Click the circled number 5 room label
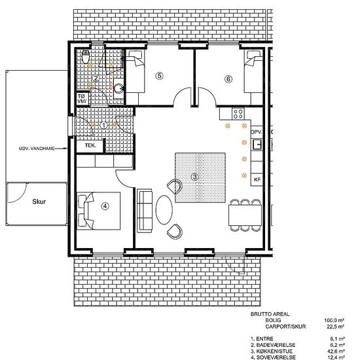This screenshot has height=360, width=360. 160,75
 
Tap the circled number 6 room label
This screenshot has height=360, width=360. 228,79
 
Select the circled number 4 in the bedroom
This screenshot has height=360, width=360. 105,206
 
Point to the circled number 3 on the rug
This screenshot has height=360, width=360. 194,177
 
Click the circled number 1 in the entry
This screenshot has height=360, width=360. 104,126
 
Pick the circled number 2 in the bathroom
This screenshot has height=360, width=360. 96,79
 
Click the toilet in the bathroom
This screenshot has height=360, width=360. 85,56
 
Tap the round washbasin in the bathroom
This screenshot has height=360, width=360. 119,88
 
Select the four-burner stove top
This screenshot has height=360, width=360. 238,114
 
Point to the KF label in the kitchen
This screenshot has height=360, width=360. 257,179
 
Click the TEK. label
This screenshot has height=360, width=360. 90,145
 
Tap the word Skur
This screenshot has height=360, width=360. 39,202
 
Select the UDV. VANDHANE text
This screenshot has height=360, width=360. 37,149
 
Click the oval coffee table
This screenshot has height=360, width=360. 164,209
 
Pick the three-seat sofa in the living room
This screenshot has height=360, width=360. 145,211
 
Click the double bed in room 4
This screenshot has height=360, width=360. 98,211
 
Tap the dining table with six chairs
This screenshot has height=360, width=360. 245,215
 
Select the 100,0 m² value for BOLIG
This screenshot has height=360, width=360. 334,320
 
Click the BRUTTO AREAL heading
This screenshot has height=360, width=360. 270,314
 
